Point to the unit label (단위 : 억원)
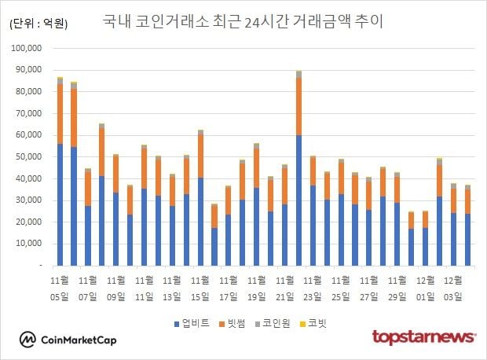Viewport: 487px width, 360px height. pos(38,23)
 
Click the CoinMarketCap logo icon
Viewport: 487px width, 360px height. pos(29,340)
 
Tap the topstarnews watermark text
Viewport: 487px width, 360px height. pos(423,337)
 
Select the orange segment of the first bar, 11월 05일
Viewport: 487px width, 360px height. pos(60,114)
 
